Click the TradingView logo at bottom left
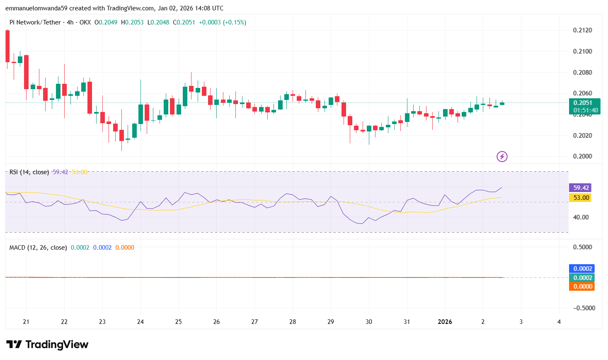click(47, 345)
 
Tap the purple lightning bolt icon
click(502, 156)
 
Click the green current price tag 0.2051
click(583, 103)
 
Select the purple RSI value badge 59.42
click(581, 188)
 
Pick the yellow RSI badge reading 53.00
click(581, 198)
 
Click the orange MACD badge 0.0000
click(582, 287)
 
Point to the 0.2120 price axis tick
click(582, 30)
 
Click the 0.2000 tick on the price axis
click(582, 156)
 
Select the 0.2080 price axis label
click(582, 73)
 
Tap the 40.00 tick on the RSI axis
click(581, 217)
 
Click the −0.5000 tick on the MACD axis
click(584, 308)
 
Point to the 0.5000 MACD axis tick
click(582, 247)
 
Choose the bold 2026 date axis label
click(445, 322)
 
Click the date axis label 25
click(178, 322)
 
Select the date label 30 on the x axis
click(368, 322)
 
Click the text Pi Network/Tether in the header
click(35, 22)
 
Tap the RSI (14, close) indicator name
click(29, 172)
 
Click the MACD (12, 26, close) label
click(38, 248)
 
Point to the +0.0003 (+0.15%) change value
click(223, 22)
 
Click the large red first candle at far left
click(7, 46)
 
